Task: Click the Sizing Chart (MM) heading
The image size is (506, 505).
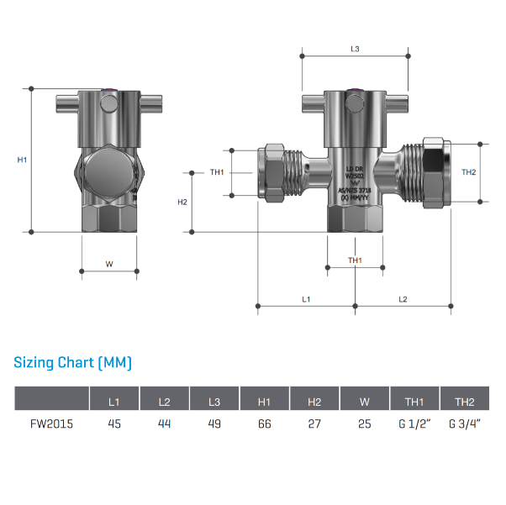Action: (x=73, y=363)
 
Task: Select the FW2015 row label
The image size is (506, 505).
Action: (x=53, y=423)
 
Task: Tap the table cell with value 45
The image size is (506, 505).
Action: (x=114, y=423)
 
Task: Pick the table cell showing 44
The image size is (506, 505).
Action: (x=164, y=423)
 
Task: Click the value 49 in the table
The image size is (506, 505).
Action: (x=214, y=423)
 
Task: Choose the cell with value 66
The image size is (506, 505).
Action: (x=265, y=423)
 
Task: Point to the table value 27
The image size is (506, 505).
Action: (x=314, y=423)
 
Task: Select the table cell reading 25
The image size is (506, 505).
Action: (x=365, y=423)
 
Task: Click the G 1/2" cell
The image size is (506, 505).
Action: (x=414, y=423)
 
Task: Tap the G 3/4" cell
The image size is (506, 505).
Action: (x=465, y=423)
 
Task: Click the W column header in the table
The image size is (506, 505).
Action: (x=365, y=401)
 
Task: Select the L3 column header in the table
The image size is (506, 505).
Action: (x=214, y=401)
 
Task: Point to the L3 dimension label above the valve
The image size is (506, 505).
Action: (x=356, y=50)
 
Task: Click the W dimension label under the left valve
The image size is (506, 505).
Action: (x=109, y=264)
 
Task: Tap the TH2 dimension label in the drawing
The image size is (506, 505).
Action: (x=469, y=171)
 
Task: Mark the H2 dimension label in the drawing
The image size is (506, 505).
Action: (x=182, y=202)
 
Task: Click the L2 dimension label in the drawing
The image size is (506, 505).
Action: (x=403, y=298)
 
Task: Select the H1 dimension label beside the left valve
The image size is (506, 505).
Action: (x=23, y=160)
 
